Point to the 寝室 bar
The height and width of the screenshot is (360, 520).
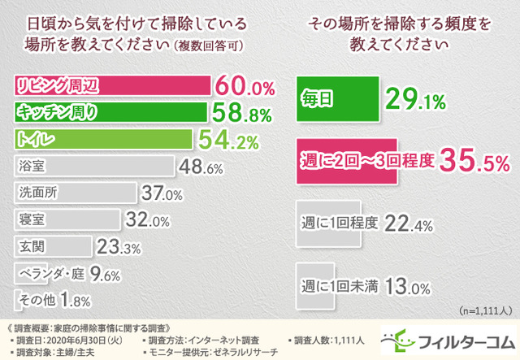point(69,219)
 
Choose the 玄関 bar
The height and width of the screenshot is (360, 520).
point(54,246)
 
